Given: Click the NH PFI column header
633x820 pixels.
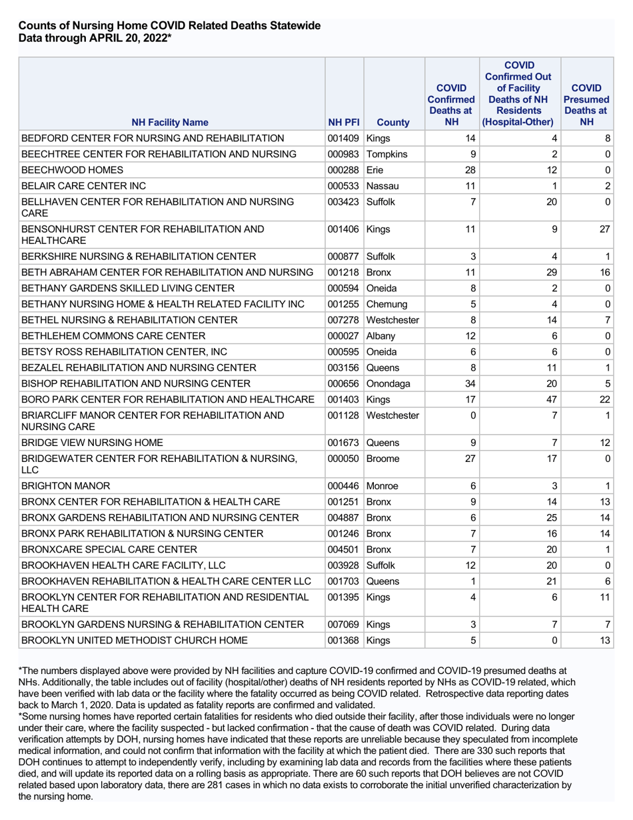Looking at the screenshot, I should pos(344,123).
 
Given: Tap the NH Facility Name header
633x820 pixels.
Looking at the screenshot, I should pos(169,123).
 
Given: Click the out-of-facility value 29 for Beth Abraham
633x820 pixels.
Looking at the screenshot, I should pos(551,273).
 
